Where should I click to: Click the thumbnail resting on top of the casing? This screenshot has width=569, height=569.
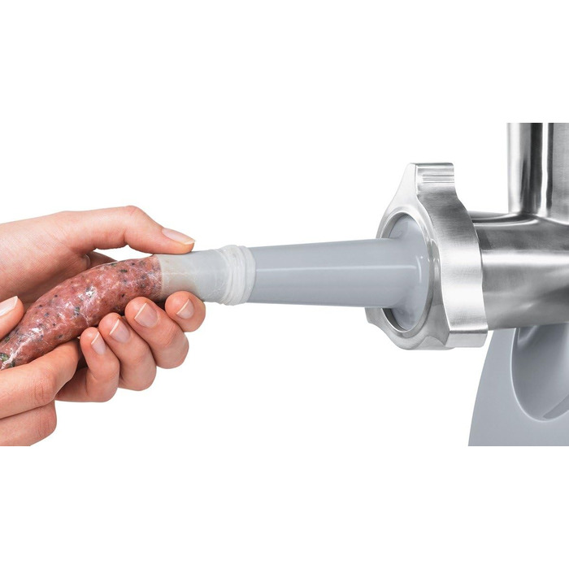pos(178,237)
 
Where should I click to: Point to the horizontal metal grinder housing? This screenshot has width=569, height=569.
pos(520,268)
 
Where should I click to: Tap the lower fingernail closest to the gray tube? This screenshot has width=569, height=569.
pos(186,309)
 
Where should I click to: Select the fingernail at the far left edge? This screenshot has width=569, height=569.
pos(7,306)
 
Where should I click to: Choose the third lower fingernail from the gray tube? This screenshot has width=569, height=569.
pos(119,329)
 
